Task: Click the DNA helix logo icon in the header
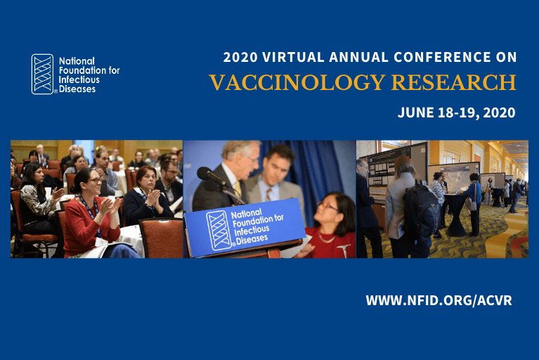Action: [43, 74]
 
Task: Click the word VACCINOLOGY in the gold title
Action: [297, 82]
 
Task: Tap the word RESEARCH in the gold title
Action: [454, 82]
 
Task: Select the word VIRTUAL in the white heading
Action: [293, 57]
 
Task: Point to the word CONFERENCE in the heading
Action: [442, 57]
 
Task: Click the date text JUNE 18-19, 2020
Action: [457, 112]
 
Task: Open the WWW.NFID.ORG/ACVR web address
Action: [439, 300]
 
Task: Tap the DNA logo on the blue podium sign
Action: [219, 230]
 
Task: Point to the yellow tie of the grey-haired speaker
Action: [238, 189]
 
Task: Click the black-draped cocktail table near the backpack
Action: [456, 215]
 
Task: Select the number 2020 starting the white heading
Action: [240, 57]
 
